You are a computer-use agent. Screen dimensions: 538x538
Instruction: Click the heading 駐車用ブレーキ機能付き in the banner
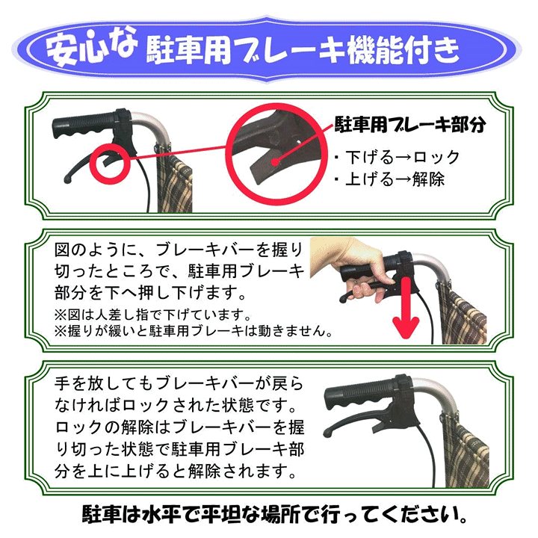[300, 52]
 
